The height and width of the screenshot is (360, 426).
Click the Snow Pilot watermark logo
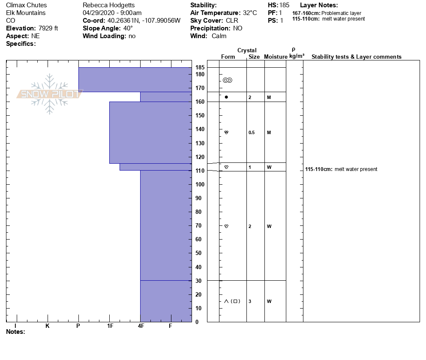click(50, 94)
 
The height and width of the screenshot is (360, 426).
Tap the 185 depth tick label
click(200, 68)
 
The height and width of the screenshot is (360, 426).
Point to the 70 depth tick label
click(198, 226)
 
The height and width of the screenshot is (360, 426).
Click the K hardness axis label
click(47, 326)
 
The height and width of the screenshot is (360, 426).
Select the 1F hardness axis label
click(110, 326)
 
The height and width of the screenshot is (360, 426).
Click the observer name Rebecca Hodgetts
click(108, 5)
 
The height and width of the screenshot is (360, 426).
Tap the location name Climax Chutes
click(27, 5)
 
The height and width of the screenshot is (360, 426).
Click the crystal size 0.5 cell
click(252, 133)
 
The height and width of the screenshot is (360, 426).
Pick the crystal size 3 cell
click(250, 301)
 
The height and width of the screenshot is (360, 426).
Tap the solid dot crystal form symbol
click(226, 97)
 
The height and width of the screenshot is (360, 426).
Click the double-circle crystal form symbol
click(228, 80)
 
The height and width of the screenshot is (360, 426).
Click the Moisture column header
click(276, 57)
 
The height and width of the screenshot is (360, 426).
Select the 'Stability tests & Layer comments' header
click(356, 57)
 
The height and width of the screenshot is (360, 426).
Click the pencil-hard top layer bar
click(135, 80)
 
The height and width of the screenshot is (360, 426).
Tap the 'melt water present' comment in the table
click(356, 169)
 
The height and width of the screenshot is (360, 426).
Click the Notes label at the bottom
click(15, 332)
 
